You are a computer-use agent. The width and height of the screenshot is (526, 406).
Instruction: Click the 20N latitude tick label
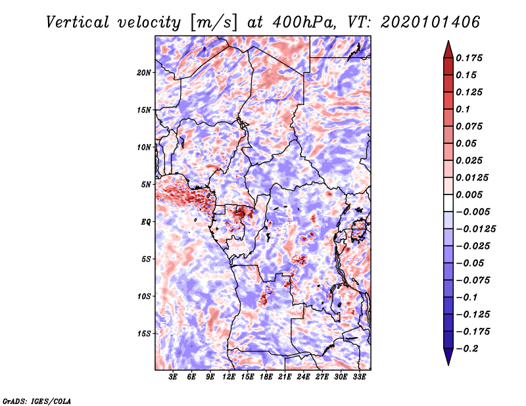pyautogui.click(x=144, y=72)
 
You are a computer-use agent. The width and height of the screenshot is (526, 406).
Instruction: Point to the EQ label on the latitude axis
pyautogui.click(x=146, y=222)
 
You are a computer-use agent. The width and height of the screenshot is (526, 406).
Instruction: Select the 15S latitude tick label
pyautogui.click(x=144, y=334)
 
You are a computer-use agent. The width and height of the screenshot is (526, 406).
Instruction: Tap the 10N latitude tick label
pyautogui.click(x=144, y=147)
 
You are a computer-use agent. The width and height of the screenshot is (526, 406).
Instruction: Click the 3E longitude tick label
pyautogui.click(x=173, y=378)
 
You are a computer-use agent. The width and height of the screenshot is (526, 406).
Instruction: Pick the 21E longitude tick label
pyautogui.click(x=285, y=378)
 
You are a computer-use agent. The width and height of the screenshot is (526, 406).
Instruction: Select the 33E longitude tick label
pyautogui.click(x=359, y=378)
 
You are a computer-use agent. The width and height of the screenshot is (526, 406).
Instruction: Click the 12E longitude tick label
pyautogui.click(x=229, y=378)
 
